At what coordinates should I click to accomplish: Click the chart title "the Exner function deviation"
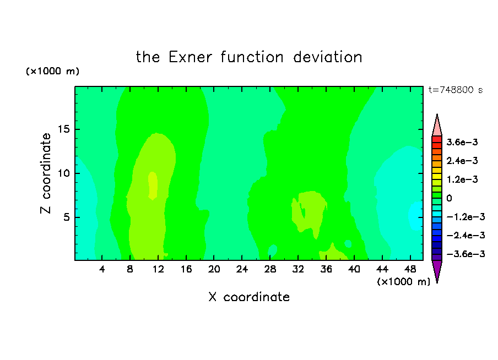[249, 57]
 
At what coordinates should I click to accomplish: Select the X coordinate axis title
[249, 297]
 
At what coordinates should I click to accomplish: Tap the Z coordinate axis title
[46, 173]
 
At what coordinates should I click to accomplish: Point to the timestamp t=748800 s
[456, 90]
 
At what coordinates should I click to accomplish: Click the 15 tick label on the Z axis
[64, 129]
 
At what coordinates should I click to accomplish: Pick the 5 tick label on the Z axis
[66, 217]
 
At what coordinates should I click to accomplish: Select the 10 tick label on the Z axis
[64, 173]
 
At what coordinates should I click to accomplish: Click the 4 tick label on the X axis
[102, 269]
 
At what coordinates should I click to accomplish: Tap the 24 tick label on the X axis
[242, 269]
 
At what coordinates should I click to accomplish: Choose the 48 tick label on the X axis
[410, 269]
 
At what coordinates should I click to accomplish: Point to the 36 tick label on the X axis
[326, 269]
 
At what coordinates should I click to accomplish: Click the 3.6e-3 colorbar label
[462, 142]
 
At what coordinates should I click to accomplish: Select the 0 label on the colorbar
[449, 198]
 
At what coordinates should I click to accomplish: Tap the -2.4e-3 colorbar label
[465, 235]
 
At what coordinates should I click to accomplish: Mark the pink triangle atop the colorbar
[437, 125]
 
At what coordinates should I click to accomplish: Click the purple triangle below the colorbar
[437, 271]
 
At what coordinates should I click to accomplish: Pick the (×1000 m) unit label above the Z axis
[52, 71]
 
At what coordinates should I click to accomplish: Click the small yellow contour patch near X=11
[153, 186]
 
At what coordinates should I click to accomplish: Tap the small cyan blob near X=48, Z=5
[415, 216]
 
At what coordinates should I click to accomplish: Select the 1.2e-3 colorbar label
[462, 179]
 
